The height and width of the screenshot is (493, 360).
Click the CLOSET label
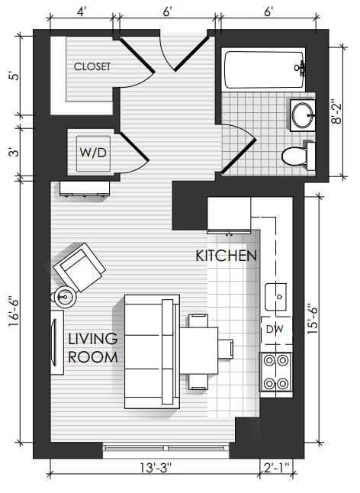pyautogui.click(x=92, y=66)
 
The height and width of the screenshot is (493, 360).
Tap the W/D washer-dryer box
pyautogui.click(x=94, y=153)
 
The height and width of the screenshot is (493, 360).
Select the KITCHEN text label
pyautogui.click(x=227, y=256)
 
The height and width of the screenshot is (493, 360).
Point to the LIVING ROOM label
pyautogui.click(x=93, y=348)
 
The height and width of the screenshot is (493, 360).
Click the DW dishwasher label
pyautogui.click(x=275, y=329)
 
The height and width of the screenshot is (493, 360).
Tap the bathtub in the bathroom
pyautogui.click(x=265, y=69)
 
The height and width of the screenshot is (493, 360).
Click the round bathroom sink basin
pyautogui.click(x=303, y=115)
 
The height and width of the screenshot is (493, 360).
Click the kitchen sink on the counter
pyautogui.click(x=276, y=297)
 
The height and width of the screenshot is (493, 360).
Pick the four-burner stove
pyautogui.click(x=276, y=372)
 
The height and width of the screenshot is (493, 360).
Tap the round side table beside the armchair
pyautogui.click(x=65, y=297)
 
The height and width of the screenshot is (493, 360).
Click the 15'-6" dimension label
pyautogui.click(x=313, y=318)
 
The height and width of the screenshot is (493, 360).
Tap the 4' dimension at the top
pyautogui.click(x=82, y=11)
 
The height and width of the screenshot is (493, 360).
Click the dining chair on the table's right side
pyautogui.click(x=227, y=349)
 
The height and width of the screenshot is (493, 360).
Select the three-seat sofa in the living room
pyautogui.click(x=152, y=352)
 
